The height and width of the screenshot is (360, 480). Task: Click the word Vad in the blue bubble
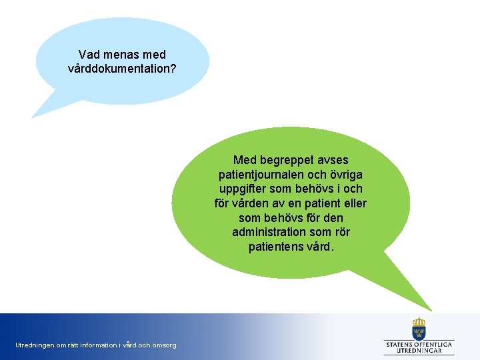(x=88, y=55)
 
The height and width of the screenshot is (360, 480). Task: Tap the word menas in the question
(x=119, y=55)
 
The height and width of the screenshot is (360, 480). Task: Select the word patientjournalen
(x=261, y=175)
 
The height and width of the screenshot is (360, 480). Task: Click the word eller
(x=353, y=203)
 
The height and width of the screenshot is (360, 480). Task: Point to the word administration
(x=269, y=232)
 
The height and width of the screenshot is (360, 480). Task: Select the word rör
(x=341, y=232)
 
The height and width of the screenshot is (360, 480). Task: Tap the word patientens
(x=277, y=247)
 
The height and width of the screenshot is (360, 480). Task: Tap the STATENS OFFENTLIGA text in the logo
(x=419, y=344)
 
